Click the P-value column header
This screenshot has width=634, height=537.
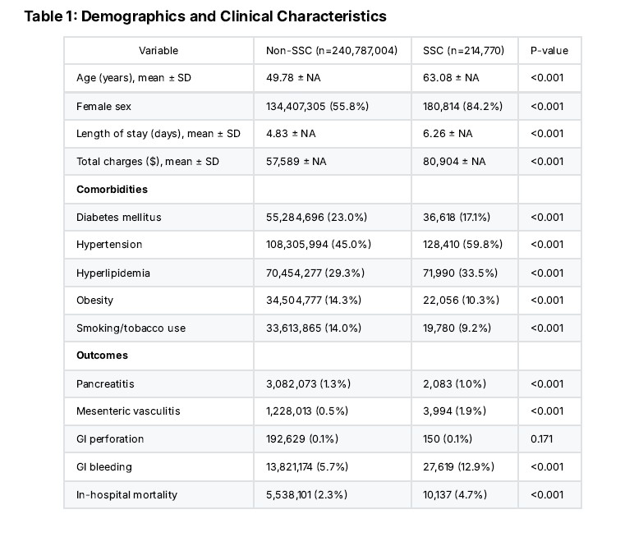pyautogui.click(x=549, y=51)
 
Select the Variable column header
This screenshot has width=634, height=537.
pyautogui.click(x=158, y=51)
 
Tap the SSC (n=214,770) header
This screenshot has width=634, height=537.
pyautogui.click(x=463, y=51)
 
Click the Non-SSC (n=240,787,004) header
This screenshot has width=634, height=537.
pyautogui.click(x=332, y=51)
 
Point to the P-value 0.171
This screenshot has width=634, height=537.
pyautogui.click(x=541, y=438)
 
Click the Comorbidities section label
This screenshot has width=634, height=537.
pyautogui.click(x=112, y=189)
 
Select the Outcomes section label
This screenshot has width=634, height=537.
pyautogui.click(x=102, y=355)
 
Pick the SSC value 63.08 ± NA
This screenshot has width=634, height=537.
pyautogui.click(x=451, y=78)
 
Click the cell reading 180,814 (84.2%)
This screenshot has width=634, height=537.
pyautogui.click(x=462, y=107)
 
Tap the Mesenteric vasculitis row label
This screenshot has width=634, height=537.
pyautogui.click(x=128, y=411)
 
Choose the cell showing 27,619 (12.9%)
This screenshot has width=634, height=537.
pyautogui.click(x=458, y=466)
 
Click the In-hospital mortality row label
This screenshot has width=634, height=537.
pyautogui.click(x=127, y=494)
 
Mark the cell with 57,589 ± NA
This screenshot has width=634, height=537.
pyautogui.click(x=296, y=161)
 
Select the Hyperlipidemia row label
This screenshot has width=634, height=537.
pyautogui.click(x=113, y=273)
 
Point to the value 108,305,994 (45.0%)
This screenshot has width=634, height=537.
pyautogui.click(x=319, y=244)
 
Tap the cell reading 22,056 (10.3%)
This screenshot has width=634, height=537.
pyautogui.click(x=461, y=300)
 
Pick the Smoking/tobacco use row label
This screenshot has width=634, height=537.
pyautogui.click(x=131, y=328)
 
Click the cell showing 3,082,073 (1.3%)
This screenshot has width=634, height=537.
pyautogui.click(x=308, y=383)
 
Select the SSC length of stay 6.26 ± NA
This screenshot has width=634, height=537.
pyautogui.click(x=448, y=134)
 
